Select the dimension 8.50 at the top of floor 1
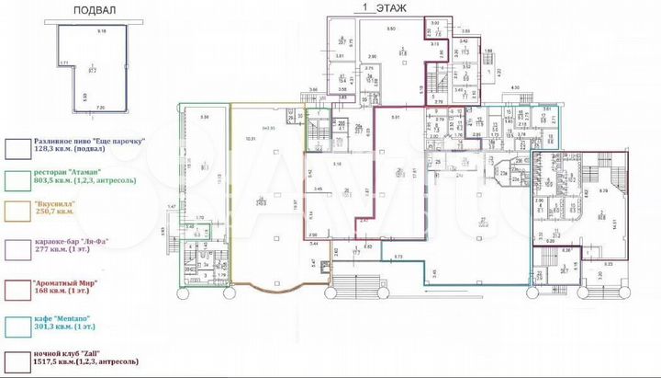tap(390, 29)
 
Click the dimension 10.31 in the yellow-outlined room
tap(250, 138)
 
